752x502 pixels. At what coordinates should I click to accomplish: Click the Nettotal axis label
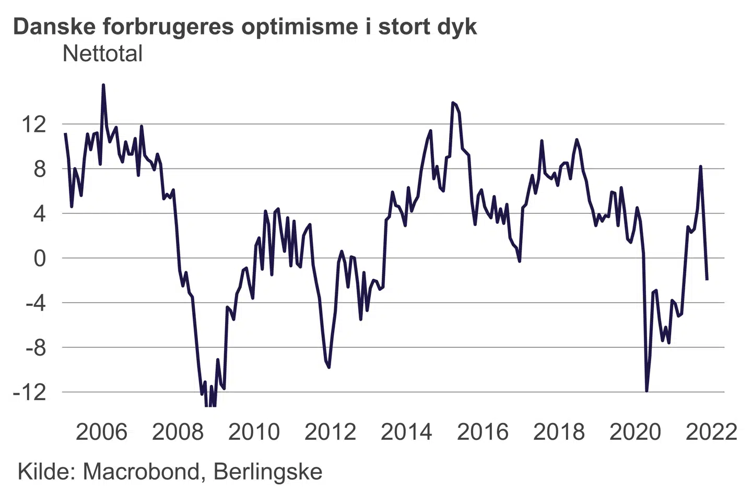pos(102,54)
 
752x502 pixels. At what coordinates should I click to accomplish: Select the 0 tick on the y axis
pos(40,258)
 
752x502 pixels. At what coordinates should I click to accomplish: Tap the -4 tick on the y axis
pos(36,303)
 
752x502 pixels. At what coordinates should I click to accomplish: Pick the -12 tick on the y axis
pos(30,392)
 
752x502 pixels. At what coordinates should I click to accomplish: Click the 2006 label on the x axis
pos(101,432)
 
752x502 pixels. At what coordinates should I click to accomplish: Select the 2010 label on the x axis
pos(254,432)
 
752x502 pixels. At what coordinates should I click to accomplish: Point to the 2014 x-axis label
pos(406,432)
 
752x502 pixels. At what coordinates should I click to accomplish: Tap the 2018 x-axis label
pos(559,432)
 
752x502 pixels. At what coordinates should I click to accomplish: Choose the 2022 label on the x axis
pos(711,432)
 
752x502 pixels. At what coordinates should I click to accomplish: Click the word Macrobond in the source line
pos(141,472)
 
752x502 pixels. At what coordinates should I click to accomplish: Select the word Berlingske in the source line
pos(268,472)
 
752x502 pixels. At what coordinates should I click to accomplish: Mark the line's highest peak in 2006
pos(103,85)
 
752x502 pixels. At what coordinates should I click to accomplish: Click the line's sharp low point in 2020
pos(647,391)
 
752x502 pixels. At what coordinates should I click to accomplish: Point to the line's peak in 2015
pos(452,103)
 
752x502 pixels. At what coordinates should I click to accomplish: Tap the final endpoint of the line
pos(707,280)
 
